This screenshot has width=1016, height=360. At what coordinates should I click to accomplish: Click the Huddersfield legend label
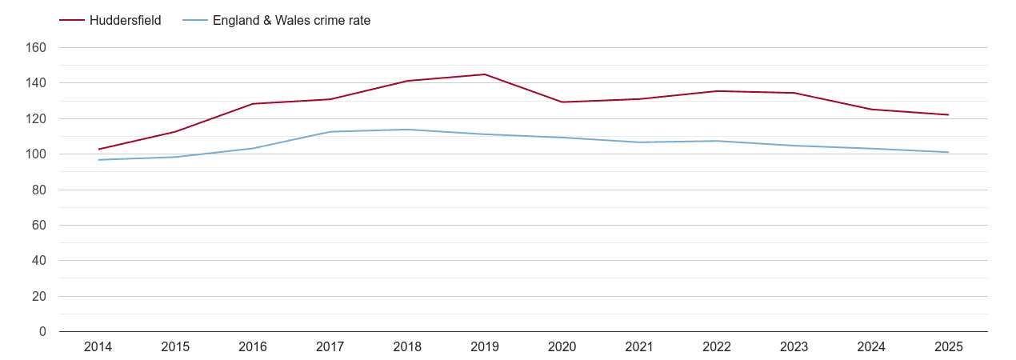click(x=126, y=21)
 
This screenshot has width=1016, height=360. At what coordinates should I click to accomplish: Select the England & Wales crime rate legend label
click(x=291, y=21)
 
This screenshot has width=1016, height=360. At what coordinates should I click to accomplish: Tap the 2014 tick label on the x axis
click(x=98, y=346)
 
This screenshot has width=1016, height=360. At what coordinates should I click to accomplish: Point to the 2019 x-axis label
click(x=485, y=346)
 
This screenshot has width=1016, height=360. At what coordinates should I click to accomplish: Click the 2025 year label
click(x=948, y=346)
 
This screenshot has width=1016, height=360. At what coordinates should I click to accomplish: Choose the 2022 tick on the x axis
click(x=717, y=346)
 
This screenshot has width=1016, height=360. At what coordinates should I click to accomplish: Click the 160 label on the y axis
click(x=37, y=48)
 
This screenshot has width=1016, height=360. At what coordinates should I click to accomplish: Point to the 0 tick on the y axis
click(x=42, y=331)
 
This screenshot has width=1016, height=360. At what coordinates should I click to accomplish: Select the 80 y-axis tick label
click(x=39, y=190)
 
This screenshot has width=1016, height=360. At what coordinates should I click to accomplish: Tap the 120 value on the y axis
click(x=37, y=118)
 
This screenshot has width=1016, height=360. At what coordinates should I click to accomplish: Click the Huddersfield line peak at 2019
click(x=485, y=74)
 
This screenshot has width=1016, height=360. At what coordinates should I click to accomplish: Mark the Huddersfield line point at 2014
click(x=98, y=150)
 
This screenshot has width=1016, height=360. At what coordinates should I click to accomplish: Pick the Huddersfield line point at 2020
click(x=562, y=102)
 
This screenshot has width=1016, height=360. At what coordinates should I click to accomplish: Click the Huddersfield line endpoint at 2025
click(x=948, y=114)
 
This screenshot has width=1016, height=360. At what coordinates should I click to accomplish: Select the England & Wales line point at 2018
click(x=407, y=130)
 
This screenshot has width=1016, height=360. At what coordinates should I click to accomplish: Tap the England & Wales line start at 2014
click(x=98, y=160)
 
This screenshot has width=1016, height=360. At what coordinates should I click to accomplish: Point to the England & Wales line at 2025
click(x=948, y=152)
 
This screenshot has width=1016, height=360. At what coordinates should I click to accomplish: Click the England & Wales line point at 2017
click(x=330, y=132)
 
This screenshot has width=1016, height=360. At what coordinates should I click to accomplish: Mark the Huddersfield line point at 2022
click(x=717, y=91)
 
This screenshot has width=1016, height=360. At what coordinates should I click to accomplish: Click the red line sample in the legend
click(x=73, y=21)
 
